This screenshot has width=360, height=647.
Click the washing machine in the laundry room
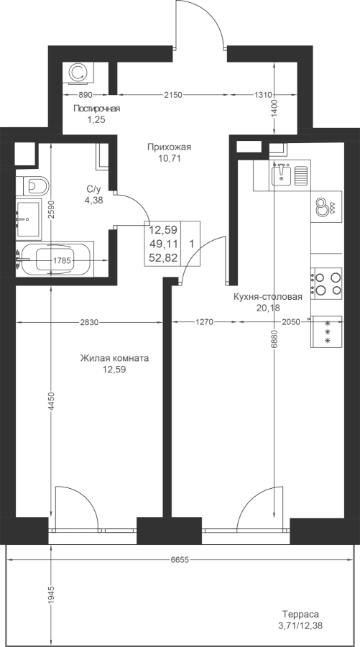click(78, 73)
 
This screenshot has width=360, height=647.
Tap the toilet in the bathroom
click(32, 185)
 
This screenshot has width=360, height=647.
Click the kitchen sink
click(282, 175)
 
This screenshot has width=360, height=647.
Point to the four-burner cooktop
click(327, 283)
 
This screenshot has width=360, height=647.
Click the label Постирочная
click(97, 109)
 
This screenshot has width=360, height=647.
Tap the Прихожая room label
click(169, 147)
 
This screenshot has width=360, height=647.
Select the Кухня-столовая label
click(268, 297)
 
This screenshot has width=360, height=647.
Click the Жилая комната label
click(115, 358)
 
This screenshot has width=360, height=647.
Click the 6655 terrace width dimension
click(180, 560)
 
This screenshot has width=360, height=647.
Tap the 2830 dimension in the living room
click(89, 323)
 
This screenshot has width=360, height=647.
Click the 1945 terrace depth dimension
click(51, 595)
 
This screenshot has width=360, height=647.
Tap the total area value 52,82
click(163, 258)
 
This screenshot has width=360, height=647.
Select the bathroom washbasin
click(29, 219)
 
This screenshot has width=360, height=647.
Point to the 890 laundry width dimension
click(85, 95)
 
